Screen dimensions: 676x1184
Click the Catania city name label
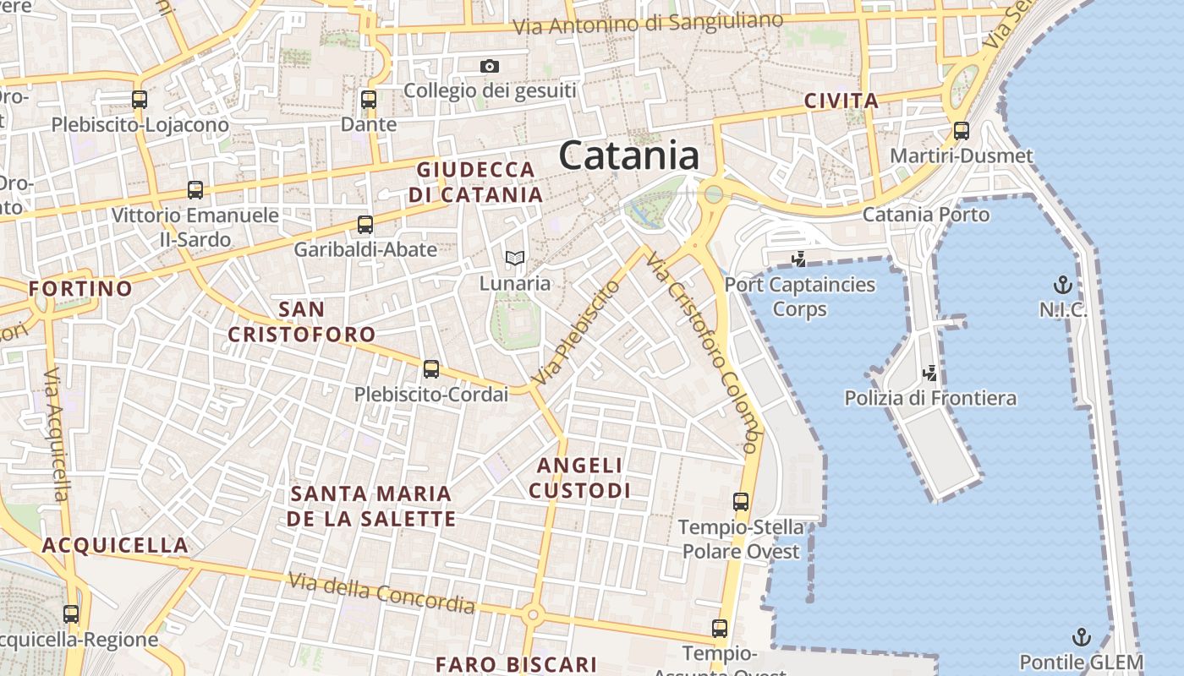coord(629,156)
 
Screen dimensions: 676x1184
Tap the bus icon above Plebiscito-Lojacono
coord(140,100)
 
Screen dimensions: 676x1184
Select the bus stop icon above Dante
coord(368,100)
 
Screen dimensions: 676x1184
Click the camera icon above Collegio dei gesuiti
coord(489,66)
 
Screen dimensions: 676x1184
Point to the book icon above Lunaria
coord(514,258)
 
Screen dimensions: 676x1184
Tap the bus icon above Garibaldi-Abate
coord(365,225)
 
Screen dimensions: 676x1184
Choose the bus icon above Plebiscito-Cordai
coord(431,369)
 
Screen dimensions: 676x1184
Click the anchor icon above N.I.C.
coord(1062,285)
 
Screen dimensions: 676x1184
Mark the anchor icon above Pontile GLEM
coord(1081,637)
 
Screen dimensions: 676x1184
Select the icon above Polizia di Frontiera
coord(930,373)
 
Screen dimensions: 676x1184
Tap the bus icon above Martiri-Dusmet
coord(961,131)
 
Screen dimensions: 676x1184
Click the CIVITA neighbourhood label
coord(841,101)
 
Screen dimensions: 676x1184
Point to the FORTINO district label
coord(80,289)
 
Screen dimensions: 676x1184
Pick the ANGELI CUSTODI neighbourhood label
coord(580,477)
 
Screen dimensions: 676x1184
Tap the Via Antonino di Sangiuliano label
coord(649,23)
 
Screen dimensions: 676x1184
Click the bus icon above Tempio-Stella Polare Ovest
coord(741,502)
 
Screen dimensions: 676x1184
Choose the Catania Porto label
coord(925,215)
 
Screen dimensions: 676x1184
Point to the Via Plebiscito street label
coord(575,334)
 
